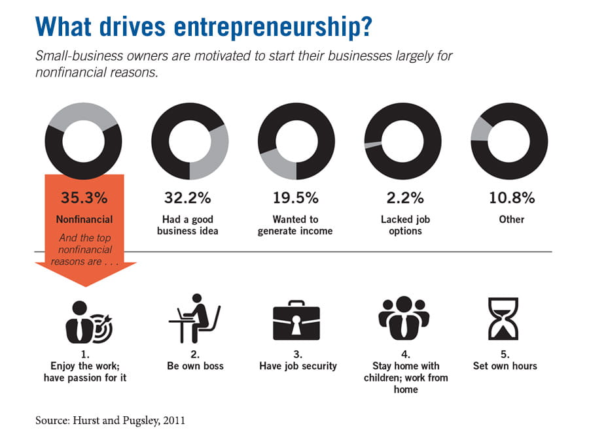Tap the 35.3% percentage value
point(84,197)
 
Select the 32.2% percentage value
point(189,197)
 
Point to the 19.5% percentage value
point(295,197)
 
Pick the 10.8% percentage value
point(511,197)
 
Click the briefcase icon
point(296,320)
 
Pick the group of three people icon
point(403,319)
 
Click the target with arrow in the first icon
point(100,327)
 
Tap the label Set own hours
point(505,366)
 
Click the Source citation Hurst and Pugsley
point(110,421)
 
